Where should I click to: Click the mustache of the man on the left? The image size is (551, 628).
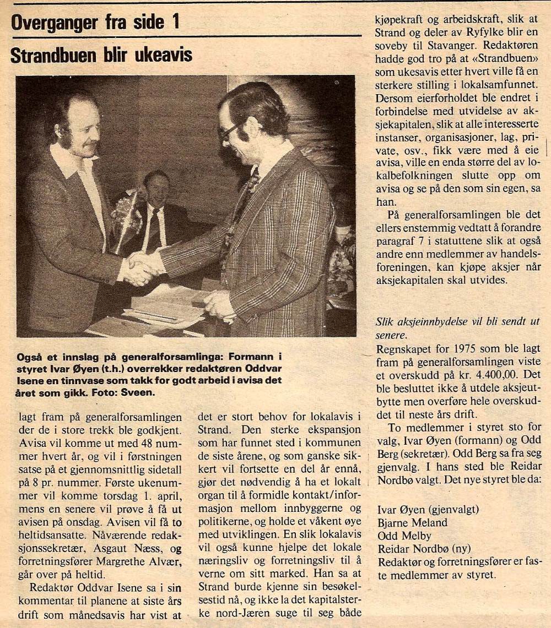pos(87,145)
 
